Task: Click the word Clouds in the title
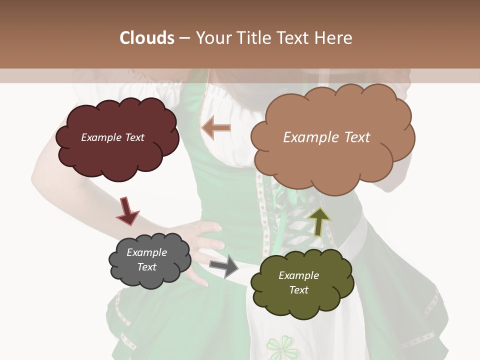click(x=147, y=38)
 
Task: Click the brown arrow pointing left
click(x=216, y=128)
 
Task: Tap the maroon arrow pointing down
click(x=127, y=210)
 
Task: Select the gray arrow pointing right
click(x=224, y=265)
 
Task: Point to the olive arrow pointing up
click(x=319, y=221)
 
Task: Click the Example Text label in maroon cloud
click(x=112, y=137)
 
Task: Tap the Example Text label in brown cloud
click(x=326, y=137)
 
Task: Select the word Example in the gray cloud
click(x=146, y=252)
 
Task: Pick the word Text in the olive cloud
click(x=298, y=290)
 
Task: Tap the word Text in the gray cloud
click(x=146, y=267)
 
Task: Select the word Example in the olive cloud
click(x=298, y=275)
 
